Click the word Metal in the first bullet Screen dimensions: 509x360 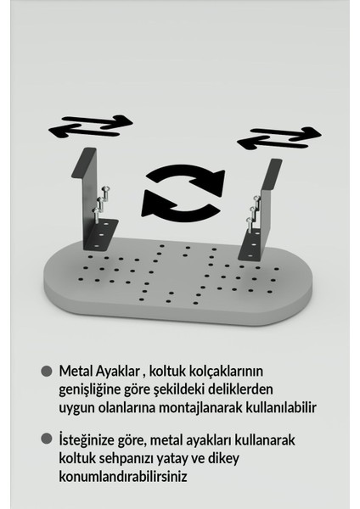pyautogui.click(x=77, y=372)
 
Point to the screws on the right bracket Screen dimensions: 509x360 pyautogui.click(x=251, y=211)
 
